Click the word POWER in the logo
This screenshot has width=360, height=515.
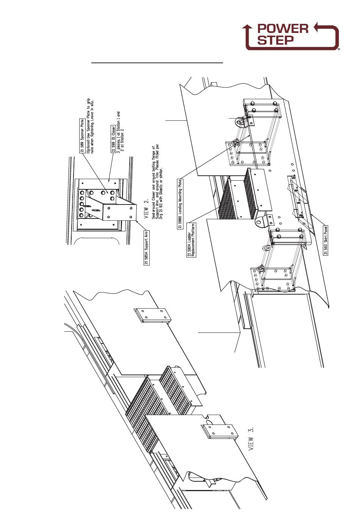282,29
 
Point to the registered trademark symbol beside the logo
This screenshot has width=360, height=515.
338,49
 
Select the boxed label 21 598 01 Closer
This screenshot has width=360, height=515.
113,138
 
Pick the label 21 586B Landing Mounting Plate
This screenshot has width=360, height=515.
180,204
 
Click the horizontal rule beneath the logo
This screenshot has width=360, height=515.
157,62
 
